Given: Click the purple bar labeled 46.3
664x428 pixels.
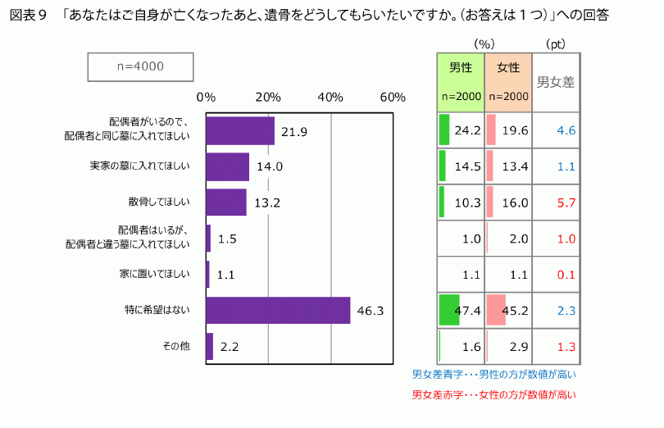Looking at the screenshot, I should pos(278,310).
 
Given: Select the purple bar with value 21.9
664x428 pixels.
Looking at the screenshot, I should pos(240,131).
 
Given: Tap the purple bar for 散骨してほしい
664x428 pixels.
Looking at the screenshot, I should pos(226,203).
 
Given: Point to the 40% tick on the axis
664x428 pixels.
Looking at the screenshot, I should pos(330,98).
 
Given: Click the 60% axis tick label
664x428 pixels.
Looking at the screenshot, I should pos(393,98).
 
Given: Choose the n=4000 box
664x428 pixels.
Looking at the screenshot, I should pos(140,67).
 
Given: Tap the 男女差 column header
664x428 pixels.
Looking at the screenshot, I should pos(556,82).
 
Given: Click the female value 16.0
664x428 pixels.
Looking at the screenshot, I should pos(515,203).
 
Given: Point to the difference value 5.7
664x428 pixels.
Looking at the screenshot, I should pos(566,203).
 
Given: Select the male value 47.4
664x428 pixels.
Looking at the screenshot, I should pos(467,311).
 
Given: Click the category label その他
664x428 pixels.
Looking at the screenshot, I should pos(176,346).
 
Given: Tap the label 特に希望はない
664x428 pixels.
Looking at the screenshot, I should pos(157,310).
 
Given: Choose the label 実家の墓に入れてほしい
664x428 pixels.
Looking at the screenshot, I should pos(140,166).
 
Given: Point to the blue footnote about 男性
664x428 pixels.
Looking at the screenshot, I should pos(493,375).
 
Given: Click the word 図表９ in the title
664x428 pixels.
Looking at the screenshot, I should pos(29,16).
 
